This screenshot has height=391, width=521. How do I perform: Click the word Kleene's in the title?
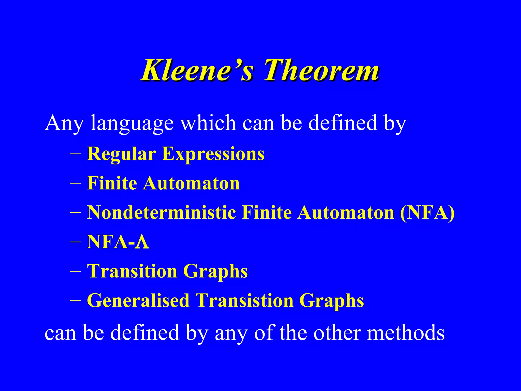(x=197, y=70)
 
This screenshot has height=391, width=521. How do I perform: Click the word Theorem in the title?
(x=321, y=70)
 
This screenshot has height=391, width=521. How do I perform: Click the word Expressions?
(x=213, y=154)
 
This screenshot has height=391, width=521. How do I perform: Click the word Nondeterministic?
(x=161, y=212)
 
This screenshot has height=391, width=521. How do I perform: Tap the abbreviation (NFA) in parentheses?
(x=427, y=212)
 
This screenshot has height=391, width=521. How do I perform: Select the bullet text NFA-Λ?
(x=118, y=242)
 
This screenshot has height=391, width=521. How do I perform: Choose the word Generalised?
(x=138, y=301)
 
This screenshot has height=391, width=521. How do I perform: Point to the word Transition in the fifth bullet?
(x=132, y=271)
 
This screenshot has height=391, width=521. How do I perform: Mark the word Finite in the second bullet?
(x=112, y=183)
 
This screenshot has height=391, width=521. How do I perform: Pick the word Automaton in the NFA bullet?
(x=346, y=212)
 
